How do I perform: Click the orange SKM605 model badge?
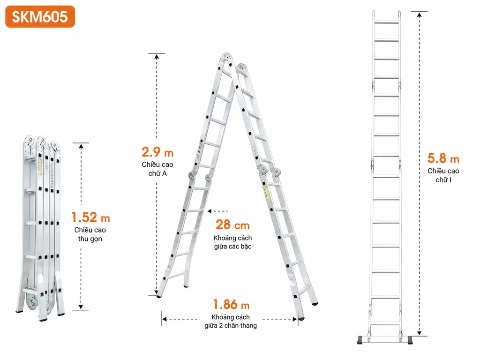[40, 16]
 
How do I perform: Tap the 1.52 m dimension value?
[90, 217]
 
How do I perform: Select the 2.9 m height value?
[157, 152]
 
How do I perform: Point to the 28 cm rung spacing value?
[232, 225]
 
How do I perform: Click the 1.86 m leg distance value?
[231, 305]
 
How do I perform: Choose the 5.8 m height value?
[443, 158]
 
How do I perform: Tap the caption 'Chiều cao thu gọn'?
[90, 234]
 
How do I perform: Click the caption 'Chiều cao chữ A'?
[157, 169]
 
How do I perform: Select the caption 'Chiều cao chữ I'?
[443, 175]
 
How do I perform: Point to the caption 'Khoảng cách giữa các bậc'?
[232, 242]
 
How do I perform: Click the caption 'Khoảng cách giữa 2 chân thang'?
[231, 322]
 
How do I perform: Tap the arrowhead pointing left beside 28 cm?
[210, 211]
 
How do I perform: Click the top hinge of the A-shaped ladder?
[226, 57]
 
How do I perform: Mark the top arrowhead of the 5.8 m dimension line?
[420, 14]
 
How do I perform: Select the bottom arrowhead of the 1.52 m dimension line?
[81, 307]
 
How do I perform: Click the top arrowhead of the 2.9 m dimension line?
[157, 56]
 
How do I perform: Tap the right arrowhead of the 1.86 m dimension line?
[294, 319]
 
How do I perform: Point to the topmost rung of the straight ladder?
[387, 22]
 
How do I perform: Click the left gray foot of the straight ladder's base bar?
[360, 340]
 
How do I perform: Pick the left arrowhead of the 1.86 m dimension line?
[165, 319]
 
